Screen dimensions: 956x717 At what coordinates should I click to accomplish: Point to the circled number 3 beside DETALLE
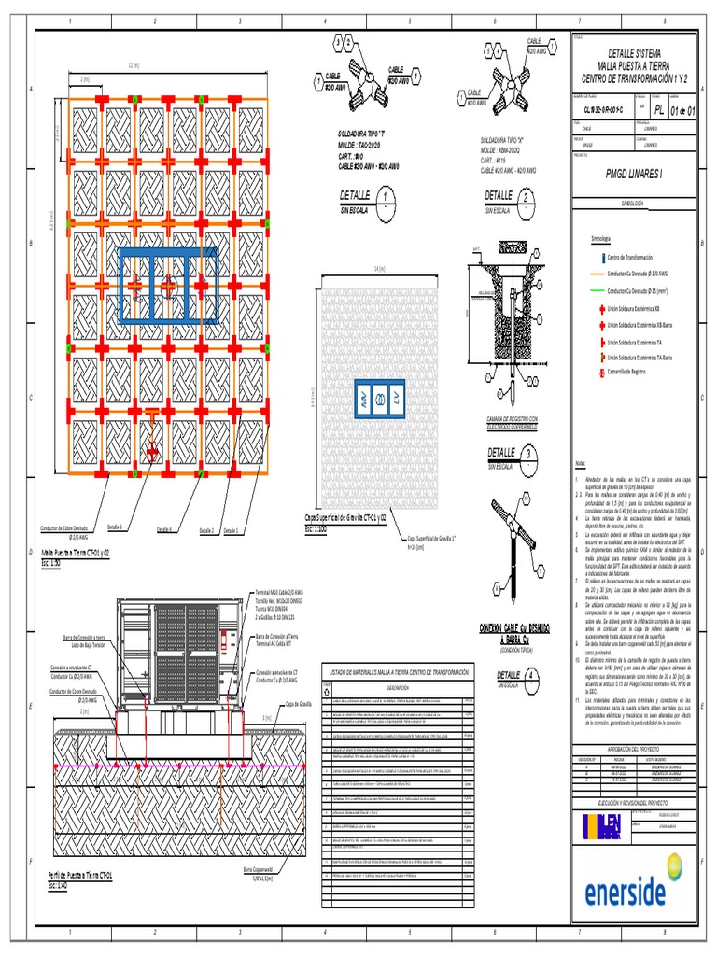point(529,455)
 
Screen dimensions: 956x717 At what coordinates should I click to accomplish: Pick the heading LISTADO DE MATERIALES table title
point(398,672)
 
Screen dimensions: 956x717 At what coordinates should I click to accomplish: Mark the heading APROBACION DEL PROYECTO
point(632,749)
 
